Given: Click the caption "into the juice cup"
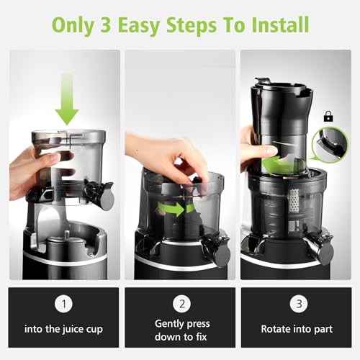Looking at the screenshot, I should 63,330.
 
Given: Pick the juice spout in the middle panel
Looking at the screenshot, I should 213,248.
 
